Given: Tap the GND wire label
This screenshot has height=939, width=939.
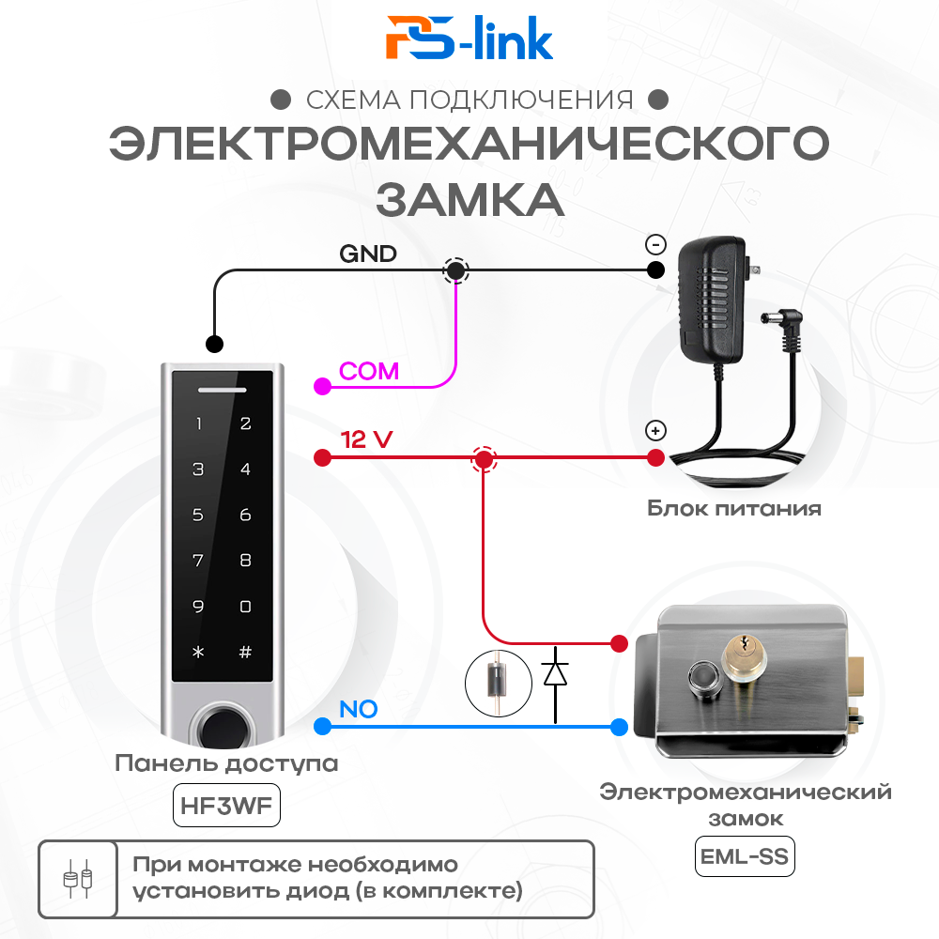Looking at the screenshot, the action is click(x=367, y=254).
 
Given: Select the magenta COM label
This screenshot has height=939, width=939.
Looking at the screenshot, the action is click(x=369, y=371).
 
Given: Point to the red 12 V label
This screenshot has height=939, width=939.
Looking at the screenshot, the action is click(x=366, y=439).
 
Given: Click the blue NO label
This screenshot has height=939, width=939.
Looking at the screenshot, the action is click(x=358, y=709).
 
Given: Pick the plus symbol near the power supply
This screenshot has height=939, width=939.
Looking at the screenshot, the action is click(x=655, y=431).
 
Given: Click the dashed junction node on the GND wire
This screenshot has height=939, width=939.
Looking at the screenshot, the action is click(x=456, y=270).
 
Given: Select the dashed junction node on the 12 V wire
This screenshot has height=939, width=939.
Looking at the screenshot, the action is click(x=484, y=459).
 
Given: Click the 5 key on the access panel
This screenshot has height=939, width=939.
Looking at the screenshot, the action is click(x=198, y=515).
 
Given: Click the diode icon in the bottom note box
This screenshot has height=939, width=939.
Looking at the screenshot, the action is click(x=77, y=878).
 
